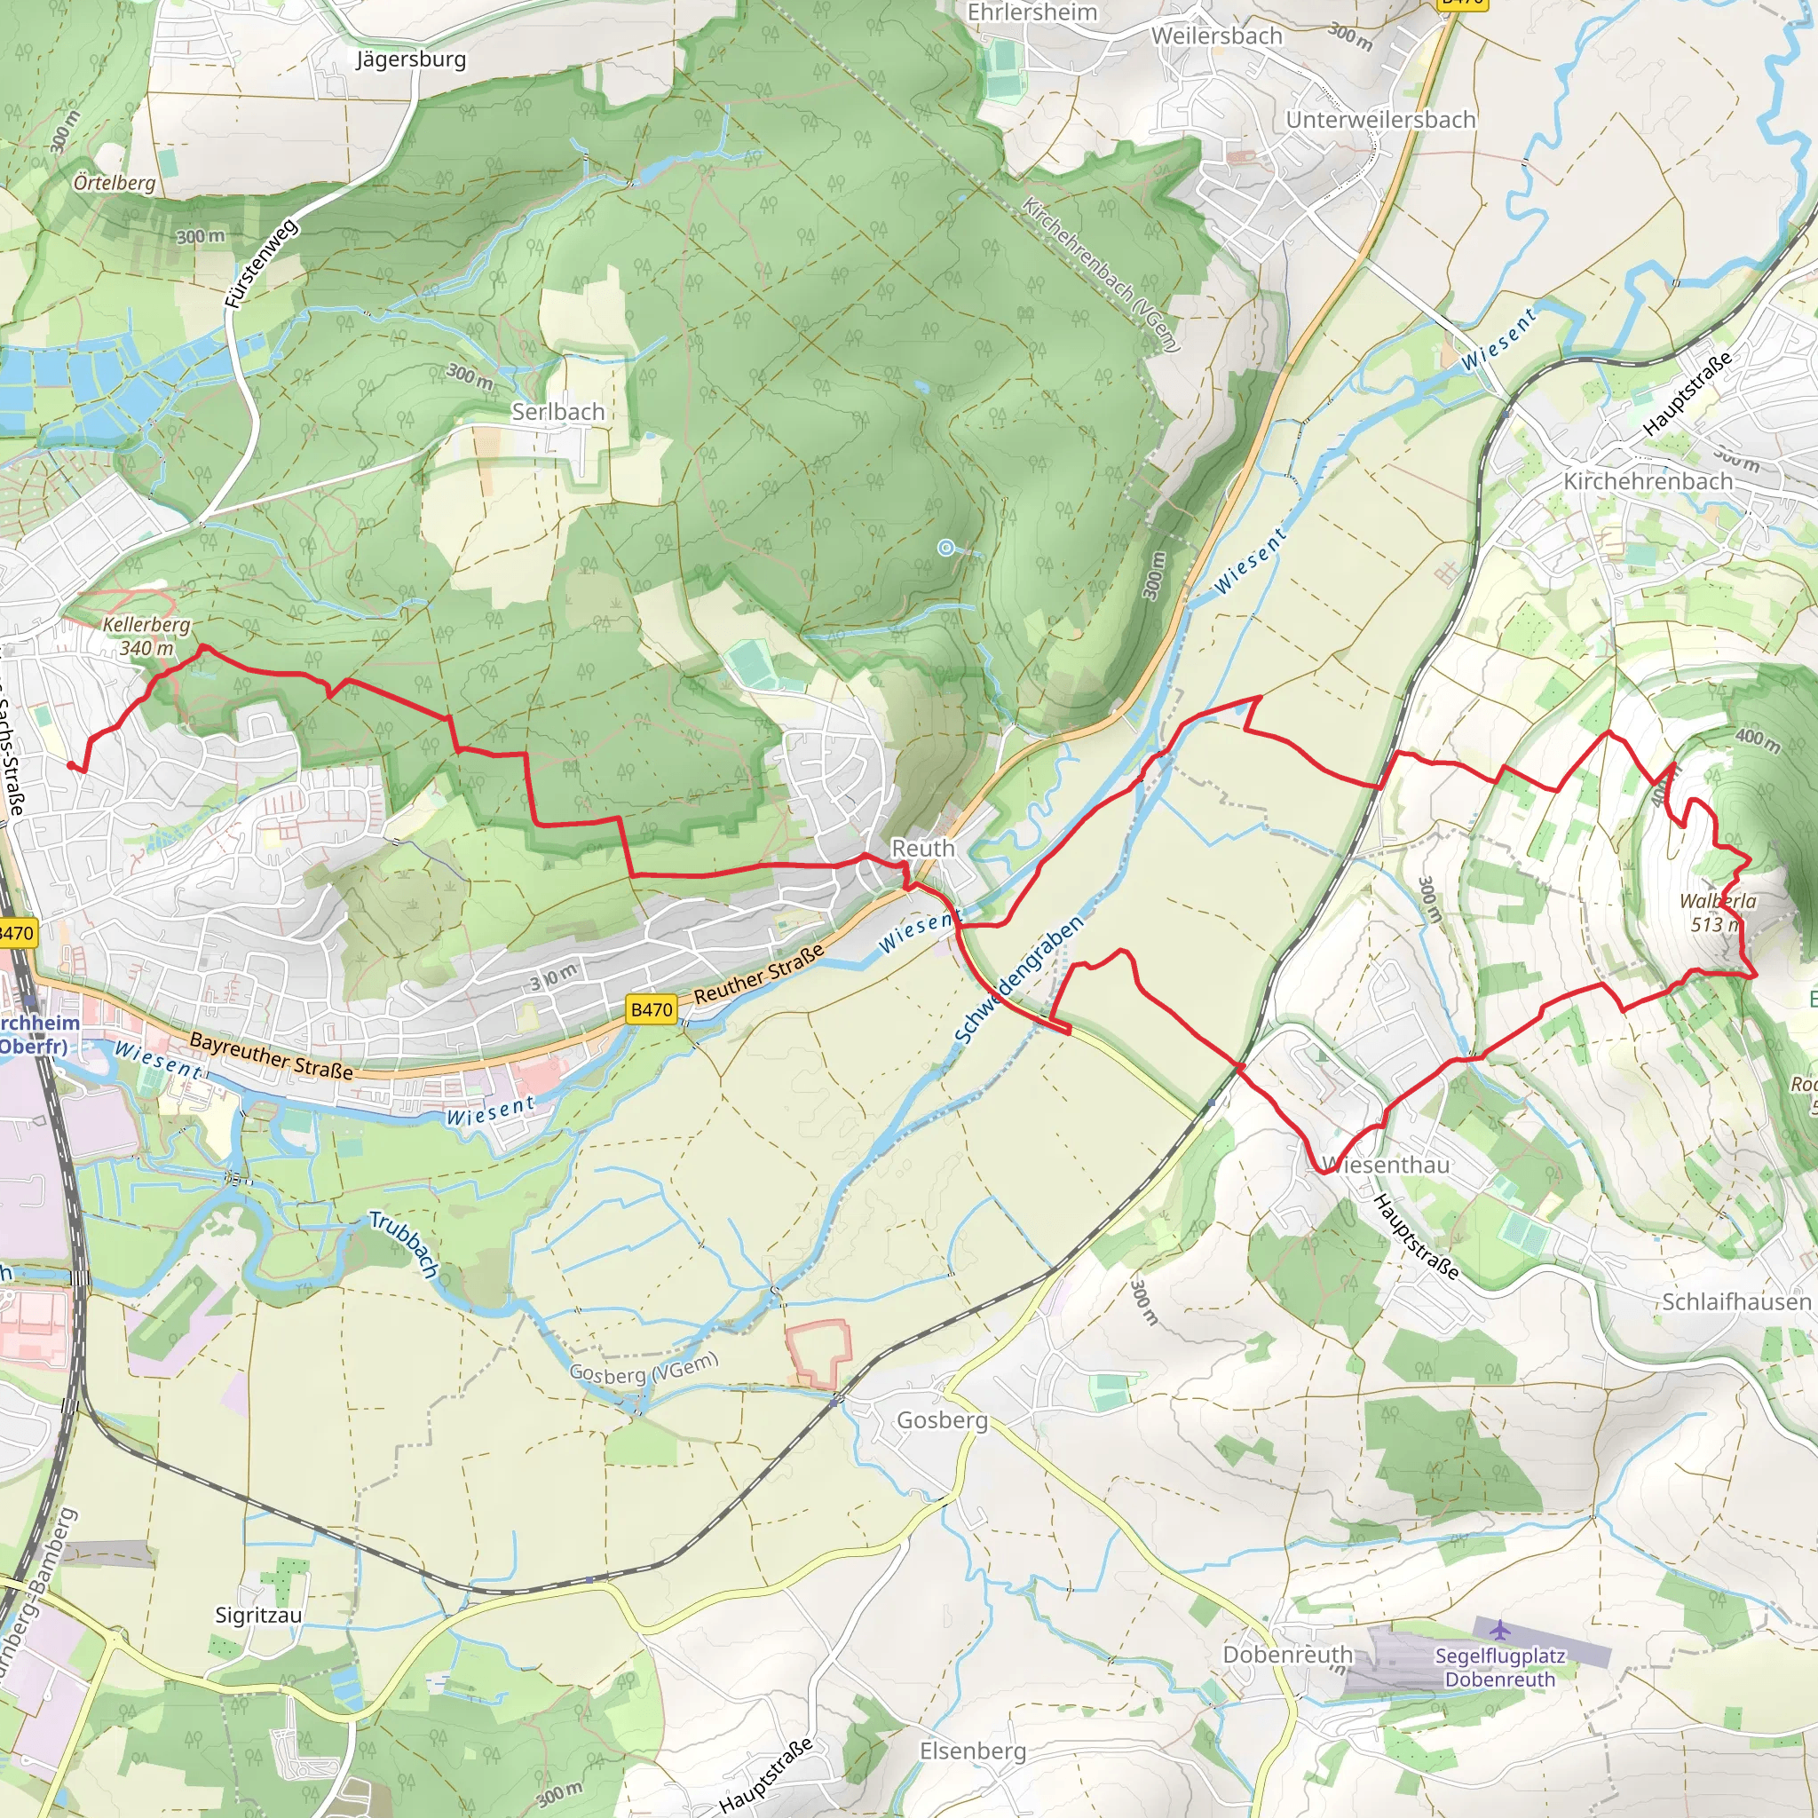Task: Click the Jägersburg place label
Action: point(410,59)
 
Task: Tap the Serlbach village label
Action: point(558,411)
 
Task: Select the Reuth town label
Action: point(923,848)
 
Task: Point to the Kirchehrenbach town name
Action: point(1648,481)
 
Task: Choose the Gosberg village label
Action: point(942,1420)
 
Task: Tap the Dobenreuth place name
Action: point(1287,1655)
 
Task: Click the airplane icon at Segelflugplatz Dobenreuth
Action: point(1499,1628)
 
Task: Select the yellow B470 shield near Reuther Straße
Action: point(652,1009)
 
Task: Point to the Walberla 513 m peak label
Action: point(1718,912)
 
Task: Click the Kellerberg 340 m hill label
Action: point(146,636)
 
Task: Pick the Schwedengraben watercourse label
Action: point(1018,978)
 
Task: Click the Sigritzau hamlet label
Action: point(259,1615)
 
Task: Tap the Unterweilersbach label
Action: point(1380,120)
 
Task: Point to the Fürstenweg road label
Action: point(262,265)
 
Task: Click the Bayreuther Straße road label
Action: point(271,1055)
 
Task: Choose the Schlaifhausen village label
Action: point(1736,1301)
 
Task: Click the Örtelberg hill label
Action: point(115,182)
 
